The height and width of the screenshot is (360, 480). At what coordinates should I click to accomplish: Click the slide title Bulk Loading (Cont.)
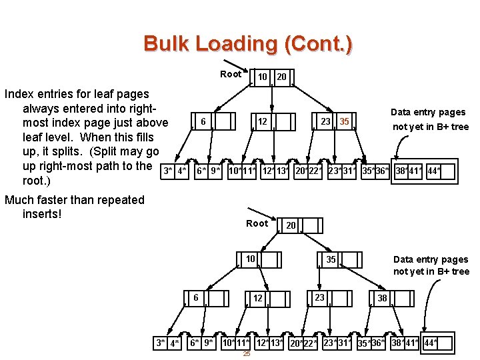tap(248, 44)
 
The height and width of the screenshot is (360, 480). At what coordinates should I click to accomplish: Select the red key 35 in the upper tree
tap(344, 121)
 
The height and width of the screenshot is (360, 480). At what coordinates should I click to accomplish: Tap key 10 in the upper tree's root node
tap(263, 77)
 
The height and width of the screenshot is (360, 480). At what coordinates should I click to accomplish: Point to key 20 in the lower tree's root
tap(291, 225)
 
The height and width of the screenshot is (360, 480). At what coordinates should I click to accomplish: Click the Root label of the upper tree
tap(231, 74)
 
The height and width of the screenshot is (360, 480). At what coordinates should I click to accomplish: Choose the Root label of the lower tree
tap(257, 223)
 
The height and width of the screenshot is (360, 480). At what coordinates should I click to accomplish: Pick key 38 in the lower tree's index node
tap(383, 298)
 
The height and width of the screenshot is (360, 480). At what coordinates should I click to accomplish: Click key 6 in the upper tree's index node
tap(201, 121)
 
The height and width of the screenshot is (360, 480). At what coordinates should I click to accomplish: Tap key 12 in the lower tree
tap(257, 298)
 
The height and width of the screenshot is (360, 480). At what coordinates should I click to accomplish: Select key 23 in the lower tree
tap(319, 297)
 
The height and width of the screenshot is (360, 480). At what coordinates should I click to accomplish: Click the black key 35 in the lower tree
tap(331, 259)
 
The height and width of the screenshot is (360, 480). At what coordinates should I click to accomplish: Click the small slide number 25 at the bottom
tap(246, 354)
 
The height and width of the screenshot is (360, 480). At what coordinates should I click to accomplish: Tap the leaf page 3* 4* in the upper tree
tap(175, 171)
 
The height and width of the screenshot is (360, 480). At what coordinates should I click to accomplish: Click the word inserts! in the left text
tap(42, 214)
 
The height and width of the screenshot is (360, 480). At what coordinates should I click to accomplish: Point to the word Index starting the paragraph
tap(19, 94)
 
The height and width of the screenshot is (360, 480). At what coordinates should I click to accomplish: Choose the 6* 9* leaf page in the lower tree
tap(201, 343)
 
